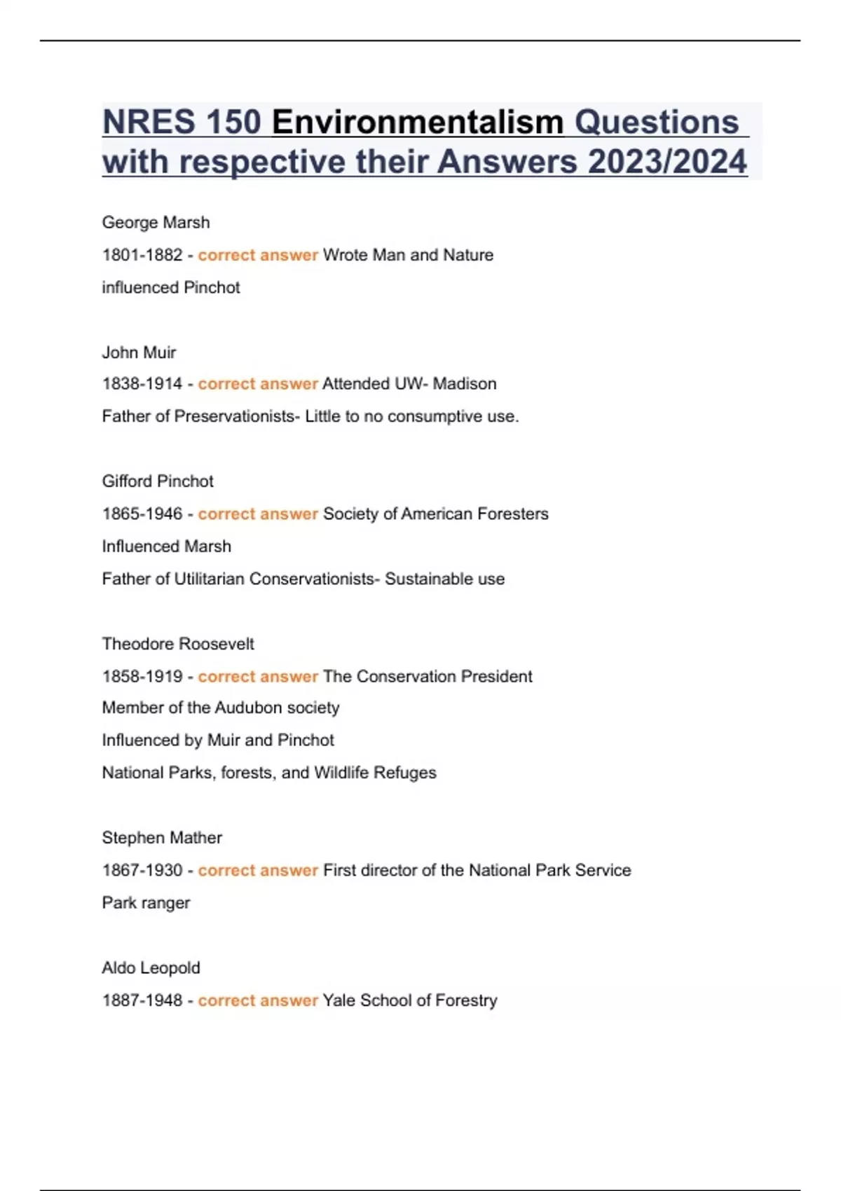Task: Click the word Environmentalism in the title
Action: coord(418,123)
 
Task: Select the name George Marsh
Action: coord(156,223)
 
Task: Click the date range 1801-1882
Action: coord(142,255)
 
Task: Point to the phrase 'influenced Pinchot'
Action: coord(171,287)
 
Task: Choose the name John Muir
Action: coord(139,352)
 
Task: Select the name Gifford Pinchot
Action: coord(158,481)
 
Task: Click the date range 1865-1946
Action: coord(142,514)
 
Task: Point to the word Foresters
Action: coord(512,514)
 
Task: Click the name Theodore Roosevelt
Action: coord(178,644)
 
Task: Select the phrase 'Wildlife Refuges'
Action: coord(375,773)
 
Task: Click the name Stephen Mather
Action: coord(162,838)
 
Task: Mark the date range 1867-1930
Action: coord(142,870)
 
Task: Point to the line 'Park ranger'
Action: coord(146,902)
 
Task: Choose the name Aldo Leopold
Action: coord(151,968)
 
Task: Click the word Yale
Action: coord(339,1000)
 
